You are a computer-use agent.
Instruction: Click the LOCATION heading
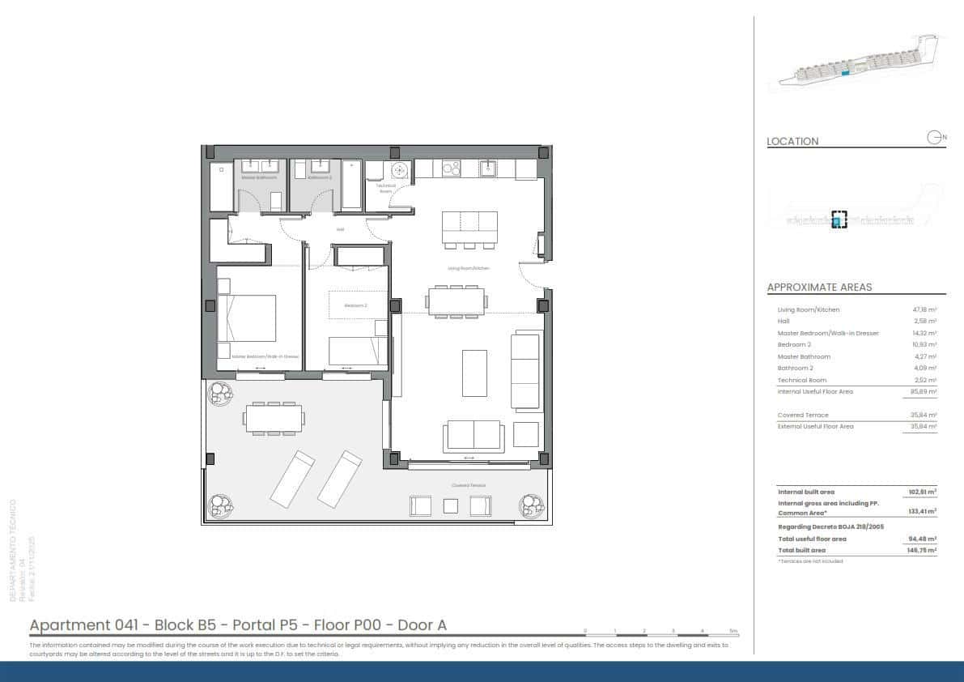point(792,141)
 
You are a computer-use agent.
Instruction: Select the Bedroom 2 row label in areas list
point(794,345)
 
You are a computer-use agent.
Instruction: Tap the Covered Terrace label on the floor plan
point(469,485)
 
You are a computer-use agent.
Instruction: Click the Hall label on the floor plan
point(341,229)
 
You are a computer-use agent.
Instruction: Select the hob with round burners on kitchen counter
point(450,168)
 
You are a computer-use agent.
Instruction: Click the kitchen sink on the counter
point(488,168)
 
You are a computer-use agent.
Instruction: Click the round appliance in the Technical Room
point(398,171)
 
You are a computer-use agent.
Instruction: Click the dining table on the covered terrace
point(275,418)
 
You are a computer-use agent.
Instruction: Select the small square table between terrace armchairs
point(451,506)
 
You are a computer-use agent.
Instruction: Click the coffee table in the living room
point(474,373)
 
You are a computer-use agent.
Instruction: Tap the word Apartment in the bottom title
point(69,624)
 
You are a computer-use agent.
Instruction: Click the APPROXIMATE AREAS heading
point(819,288)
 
